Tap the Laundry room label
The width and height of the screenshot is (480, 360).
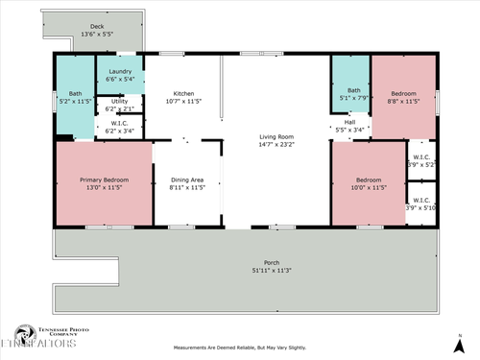120,72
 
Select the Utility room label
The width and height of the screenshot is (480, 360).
120,101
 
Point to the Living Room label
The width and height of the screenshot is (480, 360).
276,136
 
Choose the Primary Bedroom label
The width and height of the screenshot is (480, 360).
104,180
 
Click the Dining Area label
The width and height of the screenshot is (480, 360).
187,180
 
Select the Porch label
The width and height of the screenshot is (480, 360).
245,262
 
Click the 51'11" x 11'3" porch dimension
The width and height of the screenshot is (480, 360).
245,271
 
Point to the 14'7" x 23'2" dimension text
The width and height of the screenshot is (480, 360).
276,146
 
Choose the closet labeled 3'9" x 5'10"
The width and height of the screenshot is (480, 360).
420,203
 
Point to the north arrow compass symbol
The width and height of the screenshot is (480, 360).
458,343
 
